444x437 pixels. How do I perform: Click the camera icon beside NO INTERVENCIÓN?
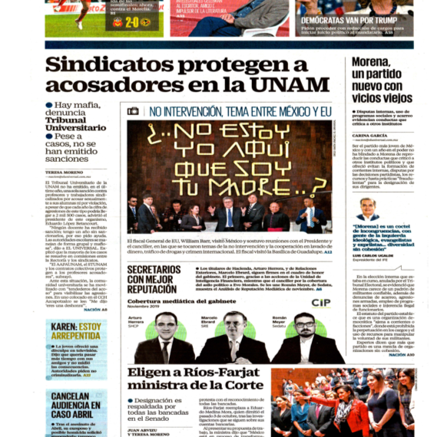[x=133, y=111]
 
